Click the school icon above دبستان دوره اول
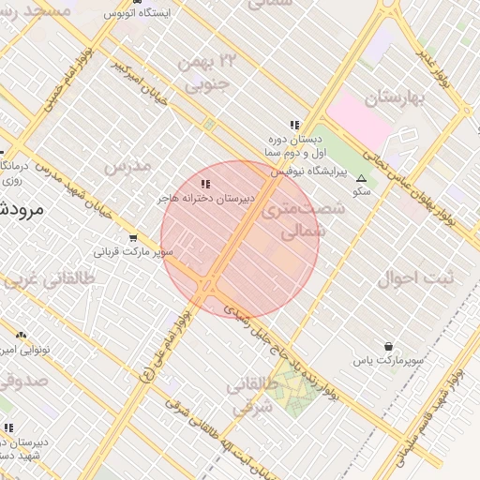pyautogui.click(x=293, y=124)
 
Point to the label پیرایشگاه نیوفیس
pyautogui.click(x=309, y=172)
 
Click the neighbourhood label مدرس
pyautogui.click(x=127, y=166)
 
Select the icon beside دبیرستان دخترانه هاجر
pyautogui.click(x=206, y=184)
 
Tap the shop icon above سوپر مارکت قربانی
pyautogui.click(x=134, y=238)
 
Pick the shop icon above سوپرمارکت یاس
pyautogui.click(x=388, y=346)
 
